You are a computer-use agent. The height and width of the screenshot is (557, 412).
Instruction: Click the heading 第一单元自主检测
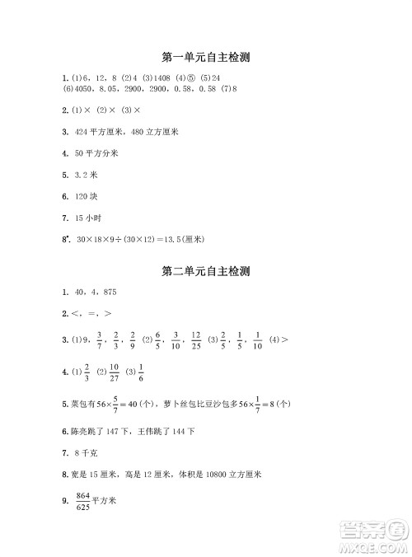coord(206,57)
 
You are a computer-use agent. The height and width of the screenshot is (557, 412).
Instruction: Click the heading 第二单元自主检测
coord(206,270)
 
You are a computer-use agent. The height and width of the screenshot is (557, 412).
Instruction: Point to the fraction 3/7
coord(100,339)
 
